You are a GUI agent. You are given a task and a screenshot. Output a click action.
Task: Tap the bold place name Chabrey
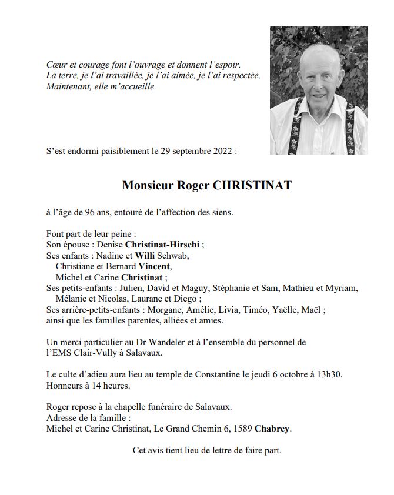[272, 429]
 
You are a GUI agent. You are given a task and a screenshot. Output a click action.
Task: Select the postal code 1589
[242, 429]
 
